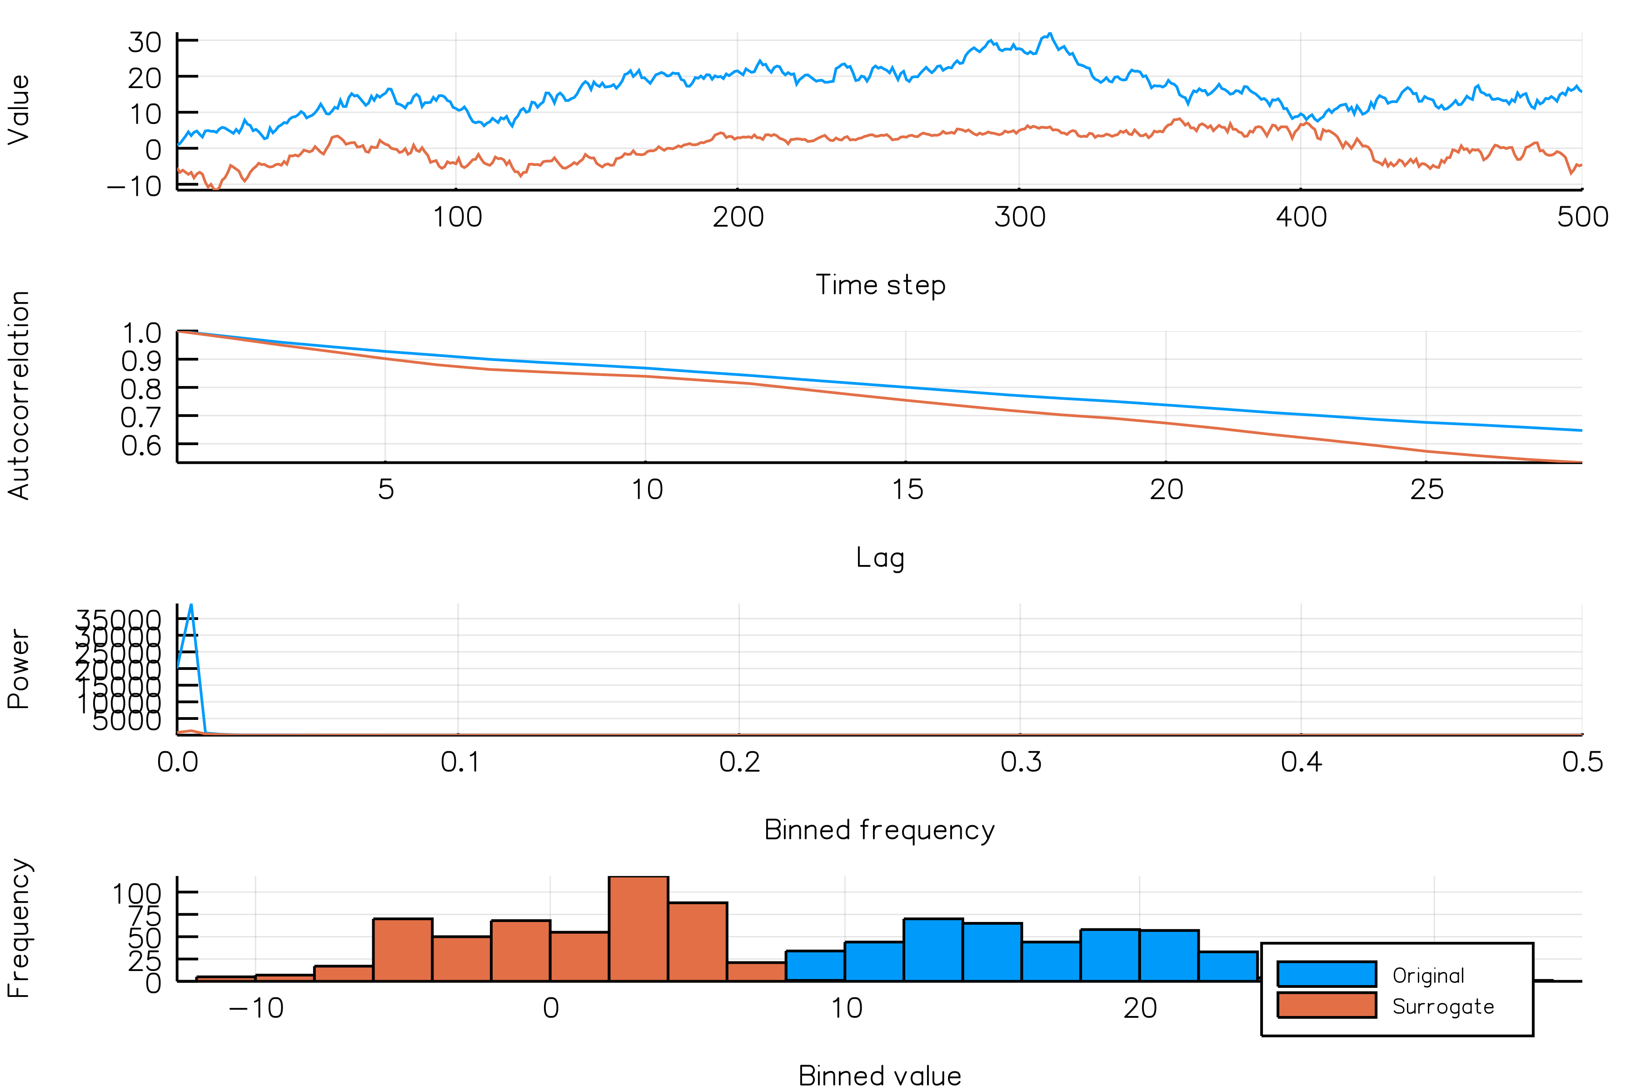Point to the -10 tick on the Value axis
pyautogui.click(x=134, y=186)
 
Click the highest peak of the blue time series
pyautogui.click(x=1050, y=34)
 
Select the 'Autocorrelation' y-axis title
pyautogui.click(x=19, y=395)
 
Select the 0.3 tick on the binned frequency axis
pyautogui.click(x=1020, y=763)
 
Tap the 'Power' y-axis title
pyautogui.click(x=19, y=669)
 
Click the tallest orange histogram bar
pyautogui.click(x=638, y=928)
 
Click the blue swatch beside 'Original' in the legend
pyautogui.click(x=1327, y=974)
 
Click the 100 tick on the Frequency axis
pyautogui.click(x=137, y=893)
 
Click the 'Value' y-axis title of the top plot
pyautogui.click(x=19, y=110)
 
